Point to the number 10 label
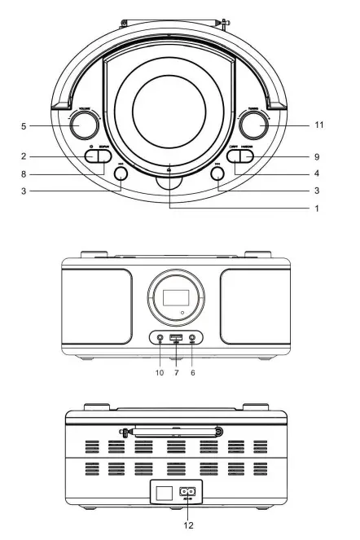160,372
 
